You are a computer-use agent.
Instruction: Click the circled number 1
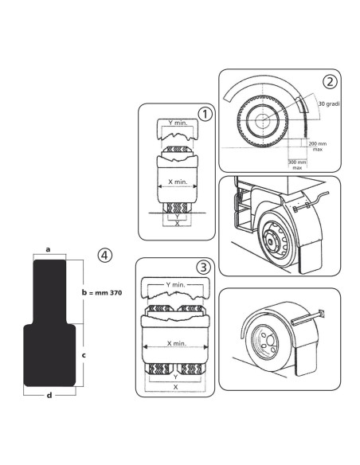pos(205,114)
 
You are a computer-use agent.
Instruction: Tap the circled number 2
pos(330,81)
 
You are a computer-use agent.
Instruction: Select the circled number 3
pos(204,268)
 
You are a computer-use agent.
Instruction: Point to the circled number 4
pos(105,255)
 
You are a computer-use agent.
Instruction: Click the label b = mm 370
pos(102,293)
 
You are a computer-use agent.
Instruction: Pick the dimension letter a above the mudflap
pos(48,249)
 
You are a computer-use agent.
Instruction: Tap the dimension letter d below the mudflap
pos(49,395)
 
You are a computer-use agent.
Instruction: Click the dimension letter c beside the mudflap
pos(84,354)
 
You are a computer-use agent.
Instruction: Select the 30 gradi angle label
pos(329,104)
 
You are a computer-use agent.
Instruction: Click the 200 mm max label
pos(318,147)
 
